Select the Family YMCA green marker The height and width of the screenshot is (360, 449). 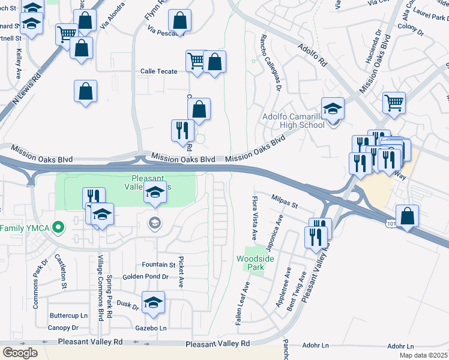coord(58,227)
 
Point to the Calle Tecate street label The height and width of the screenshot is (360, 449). coord(158,71)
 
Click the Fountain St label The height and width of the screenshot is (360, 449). coord(158,265)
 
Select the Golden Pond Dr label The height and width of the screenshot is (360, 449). coord(145,277)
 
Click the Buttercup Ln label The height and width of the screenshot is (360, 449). coord(68,315)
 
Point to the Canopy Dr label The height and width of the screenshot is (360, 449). coord(63,328)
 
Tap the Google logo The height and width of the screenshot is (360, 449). coord(19,352)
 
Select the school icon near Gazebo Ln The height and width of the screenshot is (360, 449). coord(153,302)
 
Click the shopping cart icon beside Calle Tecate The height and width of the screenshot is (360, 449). coord(196,61)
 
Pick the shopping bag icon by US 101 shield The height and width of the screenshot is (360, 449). coord(407,216)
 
